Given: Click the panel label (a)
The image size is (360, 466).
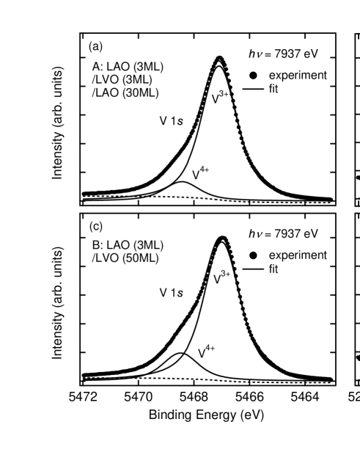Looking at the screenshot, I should click(x=95, y=47).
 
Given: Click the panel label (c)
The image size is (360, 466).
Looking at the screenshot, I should click(x=95, y=225).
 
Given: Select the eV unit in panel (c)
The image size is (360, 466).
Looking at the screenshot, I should click(x=311, y=234).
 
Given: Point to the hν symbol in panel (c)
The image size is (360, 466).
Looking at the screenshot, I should click(x=256, y=234).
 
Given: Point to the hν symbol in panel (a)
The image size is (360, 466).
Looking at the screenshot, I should click(x=256, y=55).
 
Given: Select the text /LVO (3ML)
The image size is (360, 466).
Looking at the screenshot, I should click(x=121, y=79).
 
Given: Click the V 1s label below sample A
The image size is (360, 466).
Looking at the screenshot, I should click(x=171, y=122).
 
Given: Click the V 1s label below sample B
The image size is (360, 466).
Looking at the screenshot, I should click(x=171, y=293).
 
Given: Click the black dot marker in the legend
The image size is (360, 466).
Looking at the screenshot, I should click(x=252, y=255).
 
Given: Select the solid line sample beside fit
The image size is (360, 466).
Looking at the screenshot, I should click(x=252, y=269).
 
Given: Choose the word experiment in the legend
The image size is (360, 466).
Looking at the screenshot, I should click(x=297, y=255).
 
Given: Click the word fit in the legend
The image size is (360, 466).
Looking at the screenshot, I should click(x=273, y=269).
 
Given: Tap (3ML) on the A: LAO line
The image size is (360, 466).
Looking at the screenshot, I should click(x=150, y=67).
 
